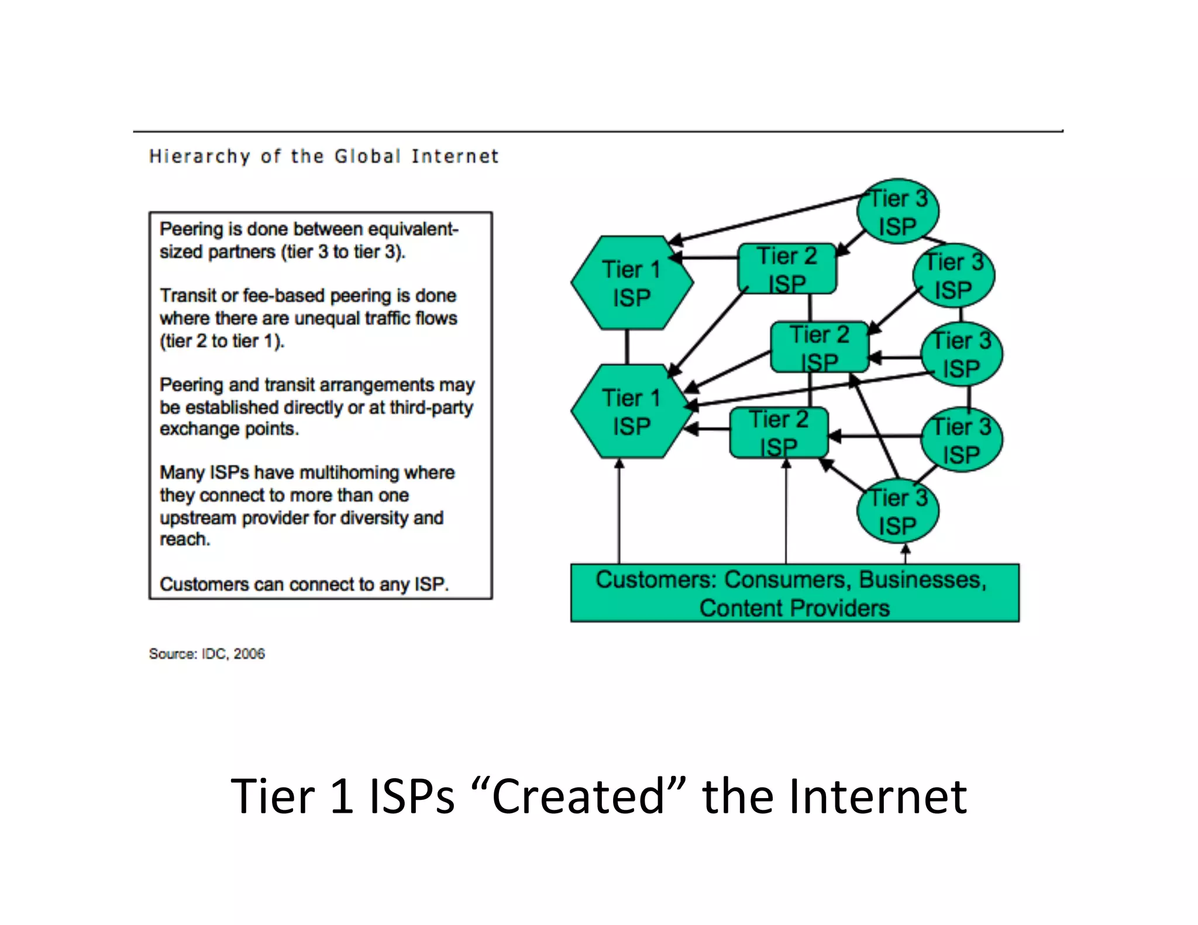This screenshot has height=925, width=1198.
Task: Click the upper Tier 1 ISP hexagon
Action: point(632,283)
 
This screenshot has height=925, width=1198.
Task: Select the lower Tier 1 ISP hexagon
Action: point(632,412)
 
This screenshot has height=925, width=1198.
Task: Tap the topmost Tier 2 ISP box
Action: point(787,269)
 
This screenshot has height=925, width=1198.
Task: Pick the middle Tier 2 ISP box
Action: point(819,347)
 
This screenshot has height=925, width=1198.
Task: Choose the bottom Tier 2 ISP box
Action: point(779,433)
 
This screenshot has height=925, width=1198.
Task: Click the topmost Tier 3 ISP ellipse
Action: point(897,212)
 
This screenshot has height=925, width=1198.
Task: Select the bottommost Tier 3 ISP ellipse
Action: point(897,511)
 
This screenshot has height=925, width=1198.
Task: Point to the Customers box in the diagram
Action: point(794,593)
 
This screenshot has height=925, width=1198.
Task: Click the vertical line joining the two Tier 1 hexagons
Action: point(627,347)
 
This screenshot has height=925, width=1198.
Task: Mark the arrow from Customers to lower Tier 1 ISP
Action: point(619,512)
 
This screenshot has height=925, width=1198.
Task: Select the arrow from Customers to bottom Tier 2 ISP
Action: point(786,512)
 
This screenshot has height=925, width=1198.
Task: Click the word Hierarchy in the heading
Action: point(199,157)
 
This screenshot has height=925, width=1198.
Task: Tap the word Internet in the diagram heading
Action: point(455,157)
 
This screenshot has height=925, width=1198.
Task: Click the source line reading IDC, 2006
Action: point(206,654)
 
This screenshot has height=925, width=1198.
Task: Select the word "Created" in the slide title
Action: point(577,796)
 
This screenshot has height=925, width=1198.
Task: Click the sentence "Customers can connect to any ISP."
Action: point(304,584)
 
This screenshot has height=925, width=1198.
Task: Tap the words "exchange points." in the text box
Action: point(229,429)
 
